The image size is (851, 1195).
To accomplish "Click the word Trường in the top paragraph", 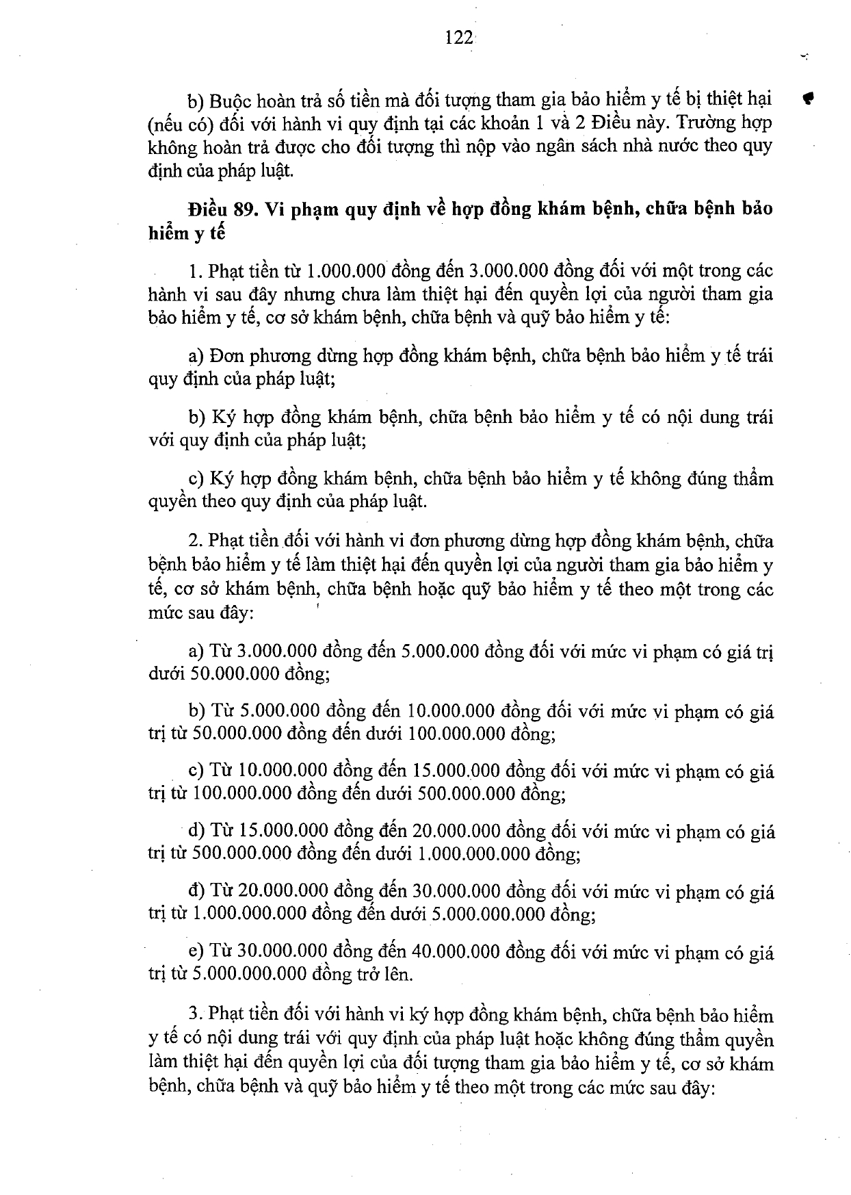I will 692,123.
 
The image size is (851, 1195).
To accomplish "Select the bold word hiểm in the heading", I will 169,233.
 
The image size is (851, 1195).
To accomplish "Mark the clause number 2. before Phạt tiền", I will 196,541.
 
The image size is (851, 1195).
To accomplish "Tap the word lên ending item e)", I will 397,974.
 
